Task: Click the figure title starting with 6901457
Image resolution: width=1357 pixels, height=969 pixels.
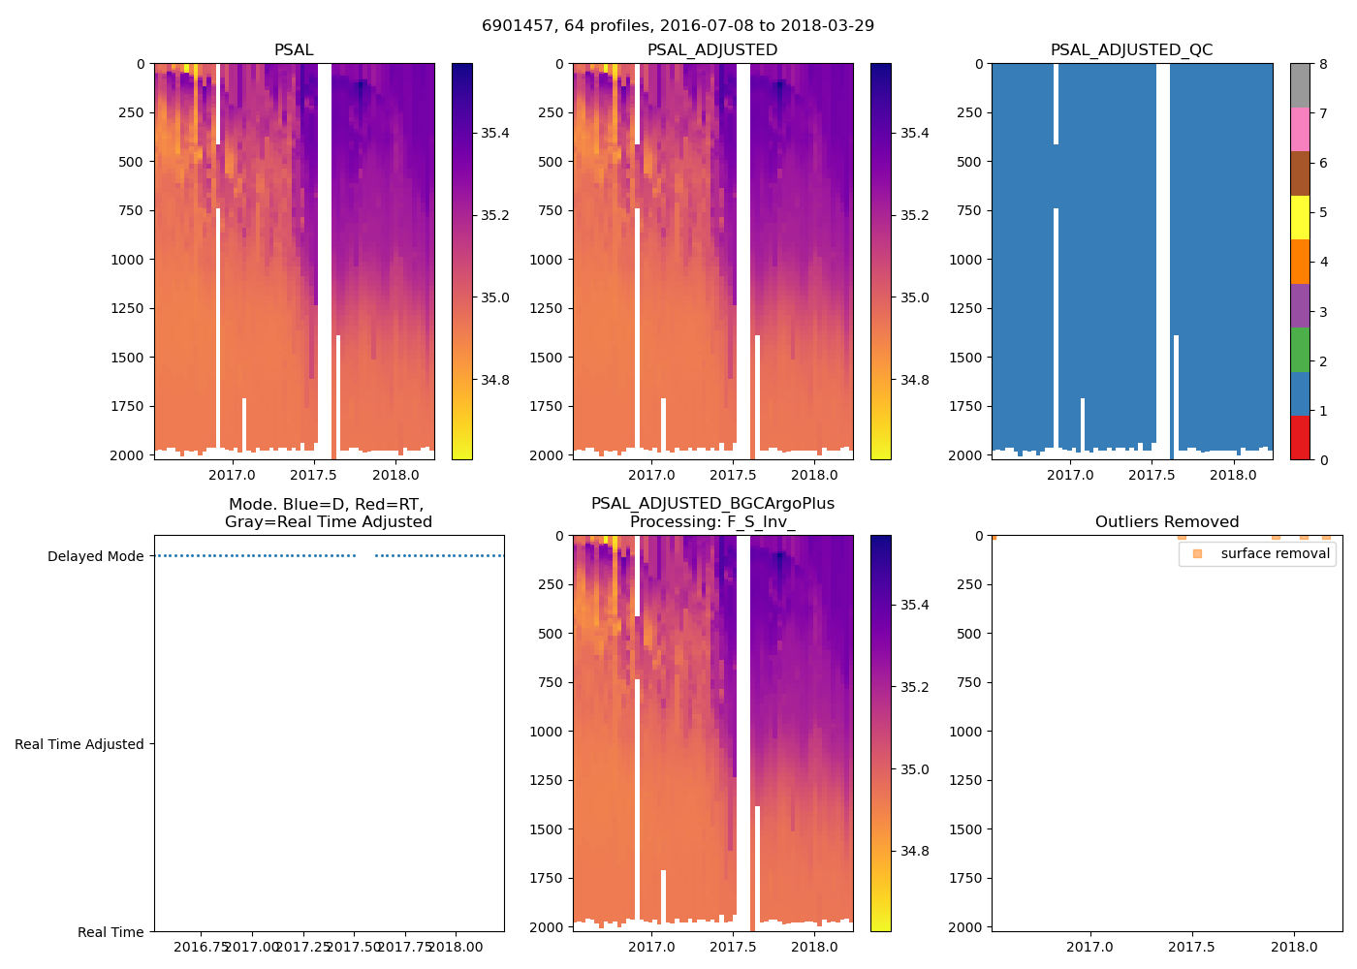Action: coord(678,25)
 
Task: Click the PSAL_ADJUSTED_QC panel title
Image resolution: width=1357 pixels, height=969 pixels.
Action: coord(1131,49)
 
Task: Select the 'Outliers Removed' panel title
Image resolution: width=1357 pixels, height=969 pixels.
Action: coord(1166,521)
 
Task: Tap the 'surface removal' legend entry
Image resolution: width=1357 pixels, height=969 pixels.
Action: coord(1275,553)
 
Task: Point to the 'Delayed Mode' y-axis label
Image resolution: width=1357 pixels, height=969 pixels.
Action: coord(95,556)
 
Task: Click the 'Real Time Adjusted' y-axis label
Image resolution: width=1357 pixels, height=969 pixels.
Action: coord(79,744)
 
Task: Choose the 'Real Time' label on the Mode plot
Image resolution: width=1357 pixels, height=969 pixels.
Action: coord(110,932)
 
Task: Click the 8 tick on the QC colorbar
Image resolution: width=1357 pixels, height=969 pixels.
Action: coord(1323,64)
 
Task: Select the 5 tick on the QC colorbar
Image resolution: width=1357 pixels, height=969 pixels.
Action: coord(1323,213)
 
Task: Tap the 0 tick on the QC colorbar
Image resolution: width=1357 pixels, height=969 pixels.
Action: coord(1323,459)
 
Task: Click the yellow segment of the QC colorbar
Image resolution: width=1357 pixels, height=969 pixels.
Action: coord(1300,218)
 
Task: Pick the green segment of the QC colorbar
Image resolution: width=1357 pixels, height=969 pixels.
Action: coord(1300,350)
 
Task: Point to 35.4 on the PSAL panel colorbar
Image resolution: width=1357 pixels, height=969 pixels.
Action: coord(495,133)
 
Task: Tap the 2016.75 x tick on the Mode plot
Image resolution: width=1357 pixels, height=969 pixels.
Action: coord(201,946)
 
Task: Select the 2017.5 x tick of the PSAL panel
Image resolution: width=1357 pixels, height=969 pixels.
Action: coord(313,475)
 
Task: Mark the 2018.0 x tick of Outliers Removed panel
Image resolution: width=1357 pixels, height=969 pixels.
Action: coord(1293,946)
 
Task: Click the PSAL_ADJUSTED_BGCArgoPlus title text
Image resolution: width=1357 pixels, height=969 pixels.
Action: coord(712,504)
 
